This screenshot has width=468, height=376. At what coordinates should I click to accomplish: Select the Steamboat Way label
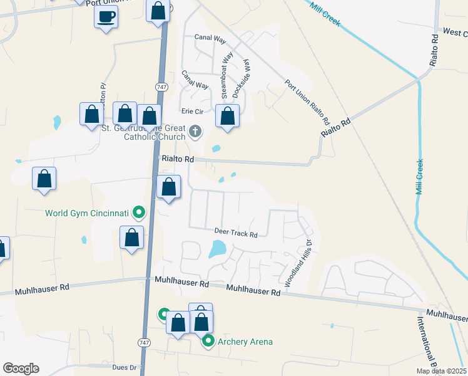(223, 75)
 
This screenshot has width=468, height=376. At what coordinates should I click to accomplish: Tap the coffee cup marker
(106, 16)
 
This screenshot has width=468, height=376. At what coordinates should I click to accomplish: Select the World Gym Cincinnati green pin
(140, 213)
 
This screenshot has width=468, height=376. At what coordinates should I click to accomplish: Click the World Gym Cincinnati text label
(86, 213)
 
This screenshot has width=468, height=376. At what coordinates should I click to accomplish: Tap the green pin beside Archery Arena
(209, 342)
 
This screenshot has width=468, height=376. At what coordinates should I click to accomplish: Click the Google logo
(21, 368)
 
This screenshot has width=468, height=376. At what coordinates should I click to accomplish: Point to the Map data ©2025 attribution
(441, 371)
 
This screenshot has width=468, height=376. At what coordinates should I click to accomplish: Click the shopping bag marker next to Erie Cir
(228, 117)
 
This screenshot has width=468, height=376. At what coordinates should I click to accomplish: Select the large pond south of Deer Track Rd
(216, 249)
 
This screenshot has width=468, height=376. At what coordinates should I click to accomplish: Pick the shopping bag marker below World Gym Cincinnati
(131, 238)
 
